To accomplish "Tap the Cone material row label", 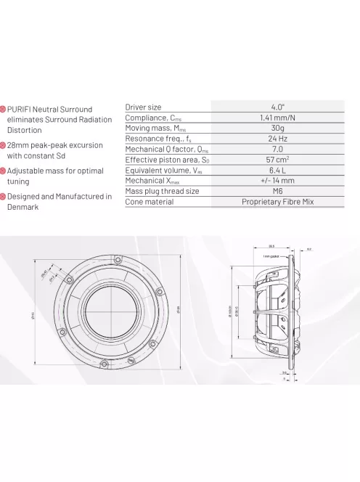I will pyautogui.click(x=150, y=201).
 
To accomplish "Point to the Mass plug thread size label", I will pyautogui.click(x=162, y=191).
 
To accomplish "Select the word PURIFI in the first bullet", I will pyautogui.click(x=22, y=109).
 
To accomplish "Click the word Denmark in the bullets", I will pyautogui.click(x=23, y=207).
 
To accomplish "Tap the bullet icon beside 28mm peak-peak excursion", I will pyautogui.click(x=3, y=145).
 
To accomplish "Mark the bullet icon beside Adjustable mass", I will pyautogui.click(x=3, y=171).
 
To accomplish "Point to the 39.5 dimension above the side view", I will pyautogui.click(x=271, y=245).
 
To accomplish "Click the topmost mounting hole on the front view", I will pyautogui.click(x=117, y=255).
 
